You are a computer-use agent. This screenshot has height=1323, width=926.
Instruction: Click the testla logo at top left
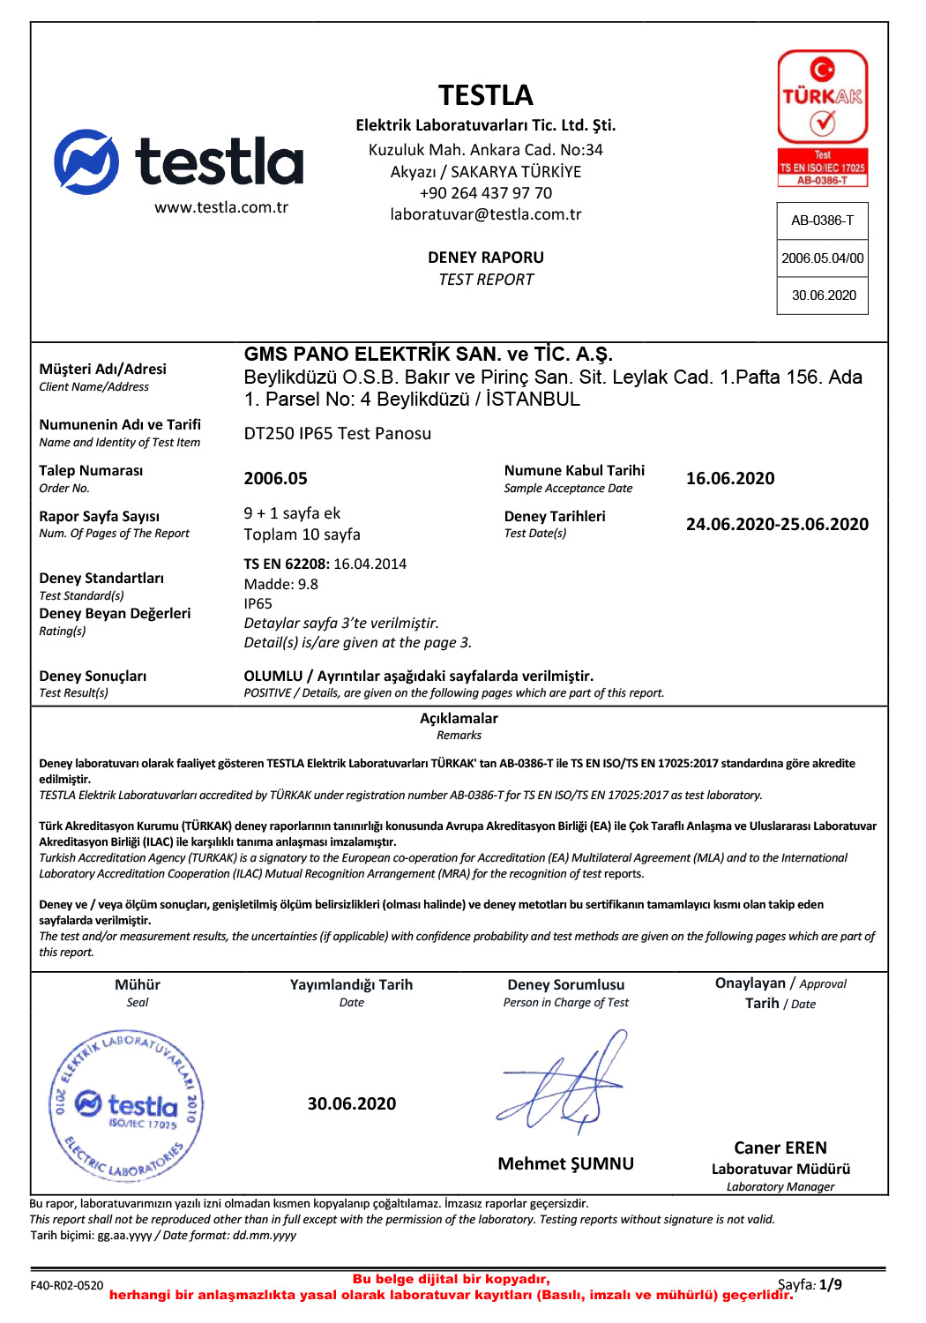(x=179, y=162)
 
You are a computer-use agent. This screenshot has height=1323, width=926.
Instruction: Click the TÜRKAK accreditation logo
(x=822, y=118)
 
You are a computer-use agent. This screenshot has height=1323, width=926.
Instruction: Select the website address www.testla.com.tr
(x=221, y=208)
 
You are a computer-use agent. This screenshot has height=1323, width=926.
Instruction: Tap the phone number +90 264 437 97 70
(x=485, y=193)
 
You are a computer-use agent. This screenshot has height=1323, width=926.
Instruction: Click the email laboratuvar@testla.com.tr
(x=485, y=214)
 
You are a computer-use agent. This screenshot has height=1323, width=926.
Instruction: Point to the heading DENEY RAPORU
(x=485, y=258)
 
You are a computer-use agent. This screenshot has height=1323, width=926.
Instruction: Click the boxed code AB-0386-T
(x=822, y=220)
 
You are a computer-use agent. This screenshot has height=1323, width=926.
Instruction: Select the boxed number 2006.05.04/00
(x=822, y=258)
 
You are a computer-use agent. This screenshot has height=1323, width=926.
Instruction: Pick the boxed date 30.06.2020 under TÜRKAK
(x=823, y=295)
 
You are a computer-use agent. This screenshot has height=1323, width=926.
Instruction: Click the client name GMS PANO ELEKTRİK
(x=428, y=355)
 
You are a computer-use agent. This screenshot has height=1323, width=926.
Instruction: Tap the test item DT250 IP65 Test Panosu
(x=337, y=434)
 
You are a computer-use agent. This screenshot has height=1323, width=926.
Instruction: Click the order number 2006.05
(x=275, y=479)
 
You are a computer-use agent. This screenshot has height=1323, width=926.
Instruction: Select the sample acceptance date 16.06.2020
(x=729, y=479)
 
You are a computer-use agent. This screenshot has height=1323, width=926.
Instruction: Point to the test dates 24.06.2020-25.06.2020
(x=777, y=525)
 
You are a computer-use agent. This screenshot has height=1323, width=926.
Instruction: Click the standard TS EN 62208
(x=287, y=564)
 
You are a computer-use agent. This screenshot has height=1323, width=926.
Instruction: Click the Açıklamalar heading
(x=459, y=719)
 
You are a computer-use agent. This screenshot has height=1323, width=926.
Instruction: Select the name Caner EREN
(x=780, y=1148)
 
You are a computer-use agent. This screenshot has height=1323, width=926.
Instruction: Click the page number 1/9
(x=830, y=1285)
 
